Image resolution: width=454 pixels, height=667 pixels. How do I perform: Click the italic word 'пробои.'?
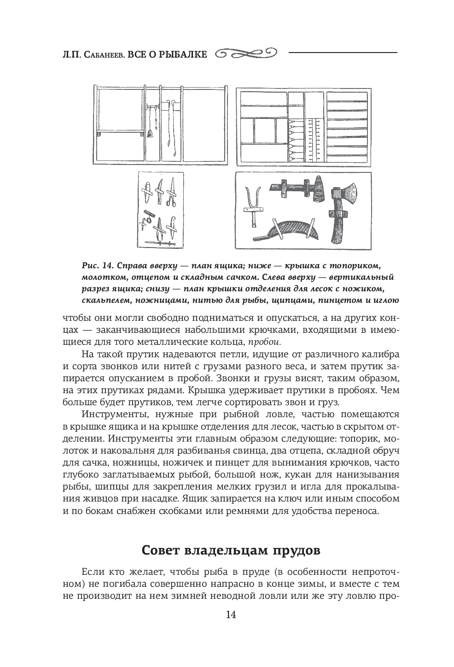264,342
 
